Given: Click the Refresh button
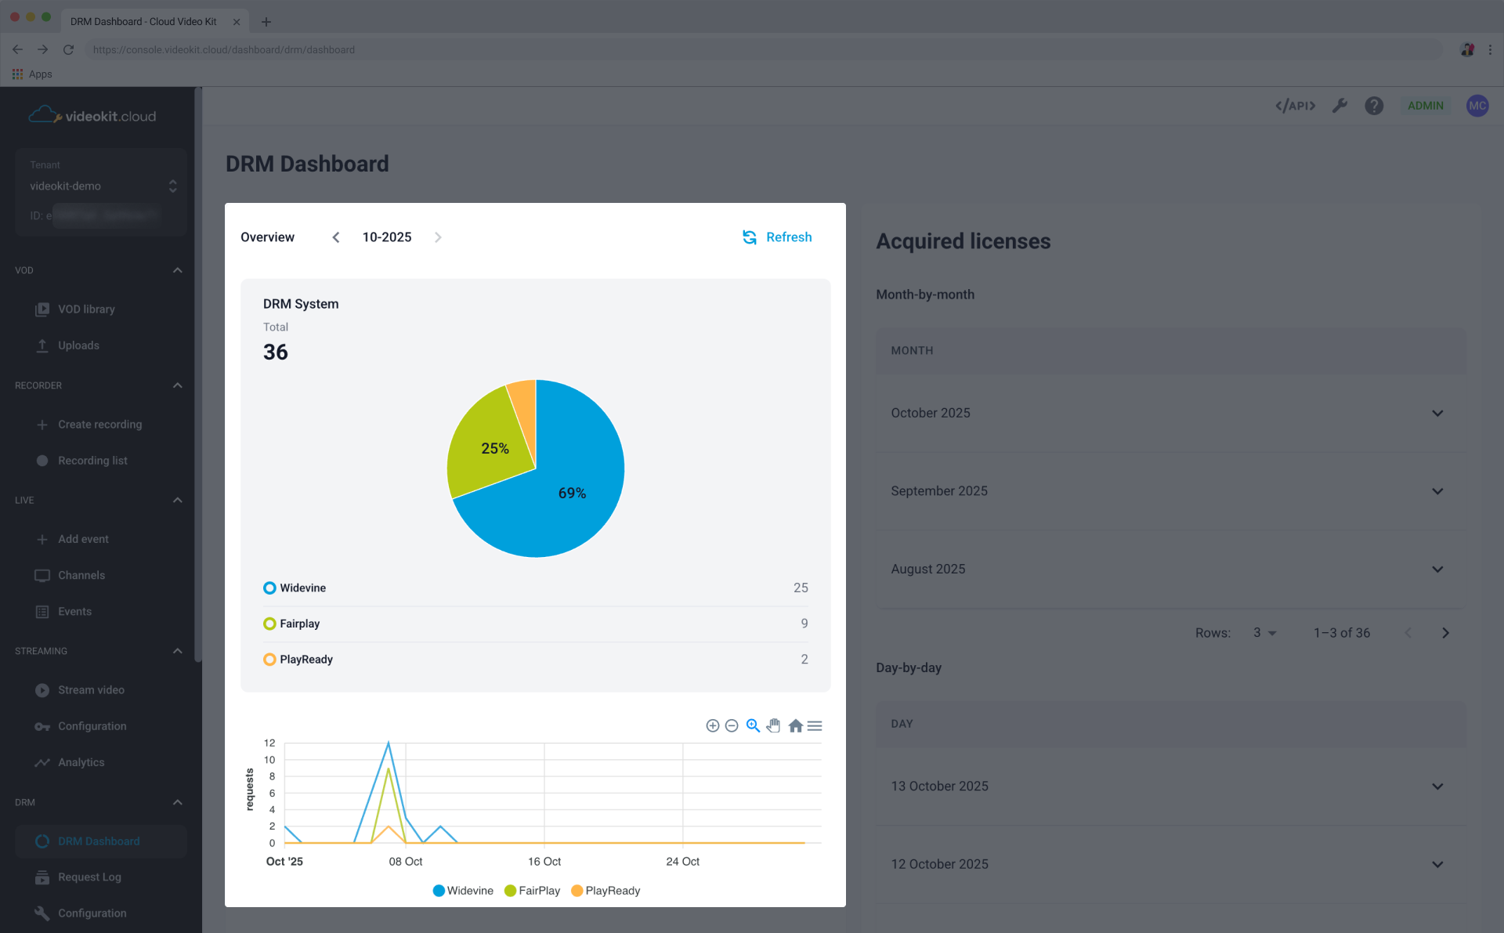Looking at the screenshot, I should (777, 237).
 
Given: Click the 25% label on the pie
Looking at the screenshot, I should (494, 449).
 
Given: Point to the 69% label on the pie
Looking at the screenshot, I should (572, 494).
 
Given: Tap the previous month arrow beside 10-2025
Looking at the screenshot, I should (336, 237).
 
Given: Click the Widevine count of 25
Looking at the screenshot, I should (800, 588).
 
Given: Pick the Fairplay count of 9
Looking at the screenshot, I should (804, 624).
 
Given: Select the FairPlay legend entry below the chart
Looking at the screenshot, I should (533, 891).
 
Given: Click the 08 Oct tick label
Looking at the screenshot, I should (405, 862).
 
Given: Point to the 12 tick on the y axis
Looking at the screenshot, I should (269, 743).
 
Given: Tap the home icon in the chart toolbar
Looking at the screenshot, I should (795, 726).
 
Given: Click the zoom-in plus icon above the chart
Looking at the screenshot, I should (713, 726).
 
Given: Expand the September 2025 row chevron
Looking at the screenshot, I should (1437, 491).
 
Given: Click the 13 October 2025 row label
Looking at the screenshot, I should (939, 787).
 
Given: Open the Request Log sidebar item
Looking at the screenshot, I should (89, 877).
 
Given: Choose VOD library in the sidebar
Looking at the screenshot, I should (86, 309).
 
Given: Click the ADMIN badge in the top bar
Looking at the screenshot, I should (1425, 106).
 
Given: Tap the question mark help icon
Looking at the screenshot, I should (1374, 106).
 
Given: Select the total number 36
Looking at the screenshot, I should (276, 353).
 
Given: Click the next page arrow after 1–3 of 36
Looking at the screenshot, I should (1445, 633).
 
